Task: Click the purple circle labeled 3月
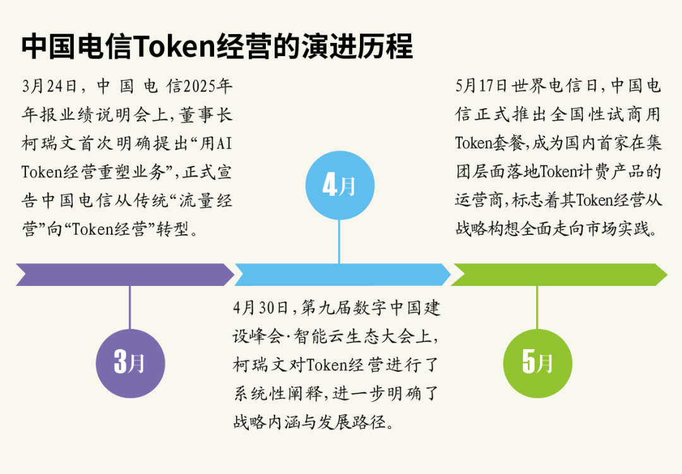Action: [x=130, y=363]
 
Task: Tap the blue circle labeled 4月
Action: [x=340, y=186]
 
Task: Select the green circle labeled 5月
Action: [x=537, y=363]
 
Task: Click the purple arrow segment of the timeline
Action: [x=125, y=275]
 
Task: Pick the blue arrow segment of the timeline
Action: [x=343, y=275]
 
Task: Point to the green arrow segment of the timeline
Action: [x=559, y=275]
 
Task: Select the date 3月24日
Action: [x=49, y=86]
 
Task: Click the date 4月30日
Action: [x=261, y=308]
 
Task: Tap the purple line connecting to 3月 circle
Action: [x=130, y=307]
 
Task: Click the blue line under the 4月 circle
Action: [x=339, y=241]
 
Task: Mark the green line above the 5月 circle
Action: [x=537, y=307]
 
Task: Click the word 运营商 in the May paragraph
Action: [x=479, y=200]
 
